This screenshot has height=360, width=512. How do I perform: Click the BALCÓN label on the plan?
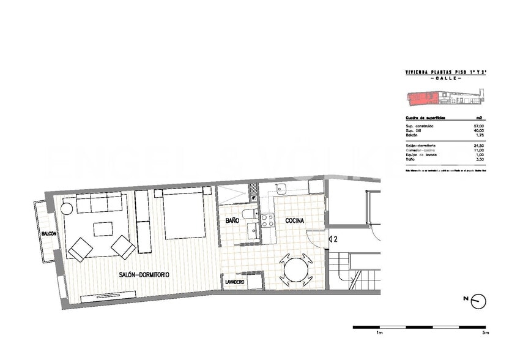[x=50, y=234]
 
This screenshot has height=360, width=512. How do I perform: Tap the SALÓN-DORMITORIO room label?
[x=144, y=275]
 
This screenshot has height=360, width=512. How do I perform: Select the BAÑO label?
[x=232, y=220]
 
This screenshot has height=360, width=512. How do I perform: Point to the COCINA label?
[x=294, y=220]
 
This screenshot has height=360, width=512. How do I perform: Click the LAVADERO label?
[x=235, y=282]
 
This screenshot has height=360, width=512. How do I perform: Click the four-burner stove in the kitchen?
[x=268, y=220]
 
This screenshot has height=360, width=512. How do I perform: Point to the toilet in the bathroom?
[x=249, y=214]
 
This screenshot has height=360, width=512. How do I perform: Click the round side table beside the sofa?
[x=67, y=209]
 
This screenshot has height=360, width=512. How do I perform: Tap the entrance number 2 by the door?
[x=336, y=239]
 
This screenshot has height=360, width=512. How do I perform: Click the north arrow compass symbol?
[x=478, y=301]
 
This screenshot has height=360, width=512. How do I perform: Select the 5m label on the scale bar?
[x=484, y=333]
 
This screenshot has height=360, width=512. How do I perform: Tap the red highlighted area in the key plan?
[x=421, y=96]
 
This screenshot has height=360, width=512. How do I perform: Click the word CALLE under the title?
[x=445, y=79]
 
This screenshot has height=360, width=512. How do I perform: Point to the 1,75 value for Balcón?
[x=478, y=135]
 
